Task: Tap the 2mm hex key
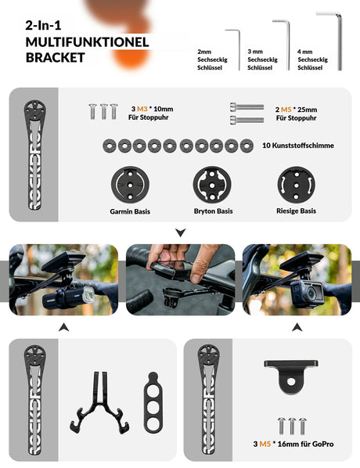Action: pos(236,49)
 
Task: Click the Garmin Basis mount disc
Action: pos(129,185)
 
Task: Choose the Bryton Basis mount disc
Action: pos(212,185)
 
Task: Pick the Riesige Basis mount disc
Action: pos(296,185)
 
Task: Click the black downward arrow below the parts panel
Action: pos(180,232)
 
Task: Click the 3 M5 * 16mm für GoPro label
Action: pos(293,444)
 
